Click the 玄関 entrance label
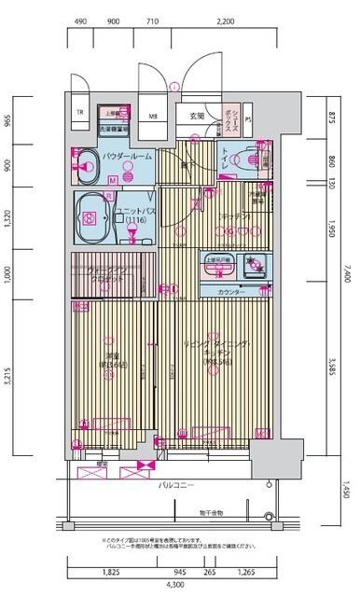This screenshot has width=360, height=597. pos(196,117)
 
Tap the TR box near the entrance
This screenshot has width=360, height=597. pos(80,116)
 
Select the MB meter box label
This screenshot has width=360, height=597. pos(152,117)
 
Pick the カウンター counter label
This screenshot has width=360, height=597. pos(233,291)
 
